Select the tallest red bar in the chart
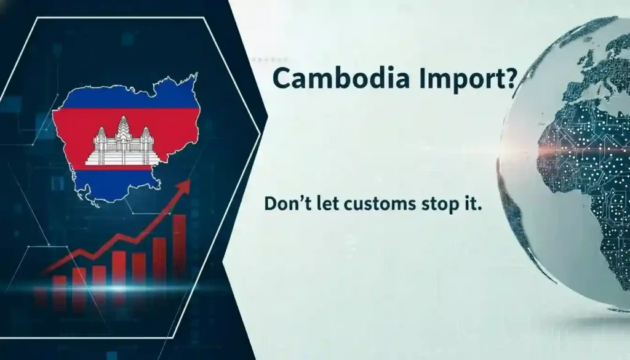pos(179,244)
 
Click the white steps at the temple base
pos(123,159)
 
